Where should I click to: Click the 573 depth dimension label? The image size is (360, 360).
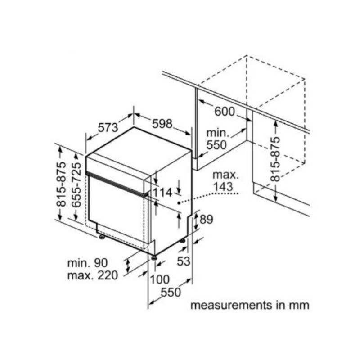pos(108,128)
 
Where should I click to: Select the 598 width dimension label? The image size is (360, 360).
pos(162,124)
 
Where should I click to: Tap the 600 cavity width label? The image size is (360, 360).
pos(225,112)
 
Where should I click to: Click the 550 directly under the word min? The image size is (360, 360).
pos(216,145)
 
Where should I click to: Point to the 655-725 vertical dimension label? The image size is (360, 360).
pos(76,185)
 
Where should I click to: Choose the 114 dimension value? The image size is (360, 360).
pos(162,193)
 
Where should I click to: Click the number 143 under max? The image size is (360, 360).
pos(223,186)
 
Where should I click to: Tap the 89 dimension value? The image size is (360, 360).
pos(206,219)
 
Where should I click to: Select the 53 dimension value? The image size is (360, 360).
pos(184,261)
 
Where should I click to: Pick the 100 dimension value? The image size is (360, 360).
pos(160,279)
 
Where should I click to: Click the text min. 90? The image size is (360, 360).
pos(87,263)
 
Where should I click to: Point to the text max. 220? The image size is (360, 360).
pos(93,275)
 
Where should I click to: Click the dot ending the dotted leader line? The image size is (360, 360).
pos(179,203)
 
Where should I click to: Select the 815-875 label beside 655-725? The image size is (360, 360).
pos(61,185)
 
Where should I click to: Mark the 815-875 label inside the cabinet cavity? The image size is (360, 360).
pos(275,159)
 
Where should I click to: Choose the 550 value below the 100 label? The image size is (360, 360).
pos(171,292)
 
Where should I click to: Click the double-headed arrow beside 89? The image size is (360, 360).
pos(196,221)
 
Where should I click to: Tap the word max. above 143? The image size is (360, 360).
pos(226,175)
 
